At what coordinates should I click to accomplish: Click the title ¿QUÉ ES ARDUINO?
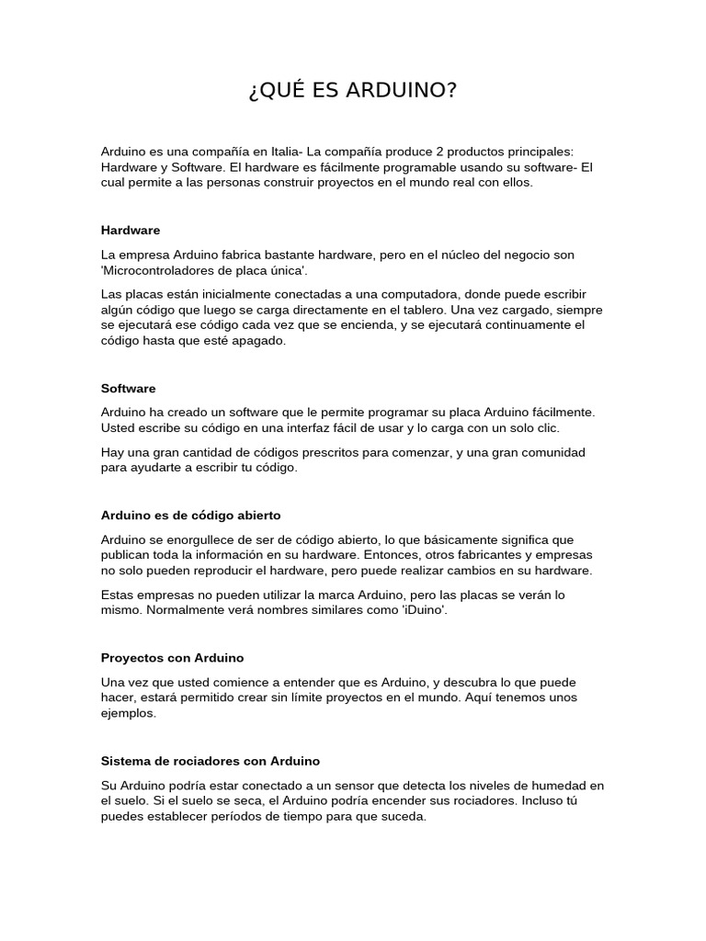352,91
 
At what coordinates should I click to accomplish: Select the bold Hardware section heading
131,230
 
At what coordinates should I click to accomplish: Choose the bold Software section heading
129,389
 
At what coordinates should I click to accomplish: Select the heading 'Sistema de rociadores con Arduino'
210,761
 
